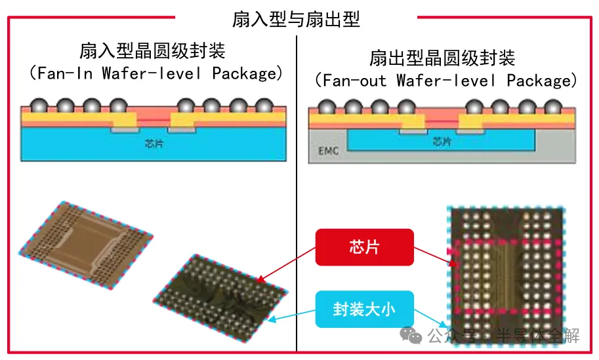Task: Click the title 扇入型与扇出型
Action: [x=296, y=18]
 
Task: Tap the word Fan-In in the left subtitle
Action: [x=64, y=73]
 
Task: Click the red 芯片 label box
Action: [x=364, y=247]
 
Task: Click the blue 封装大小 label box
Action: [x=364, y=309]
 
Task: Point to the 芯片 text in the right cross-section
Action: [x=442, y=142]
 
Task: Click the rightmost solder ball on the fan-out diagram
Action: [x=553, y=107]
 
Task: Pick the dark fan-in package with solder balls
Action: [x=221, y=295]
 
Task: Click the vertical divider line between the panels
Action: [x=297, y=197]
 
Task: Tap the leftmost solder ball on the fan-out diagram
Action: [x=325, y=107]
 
